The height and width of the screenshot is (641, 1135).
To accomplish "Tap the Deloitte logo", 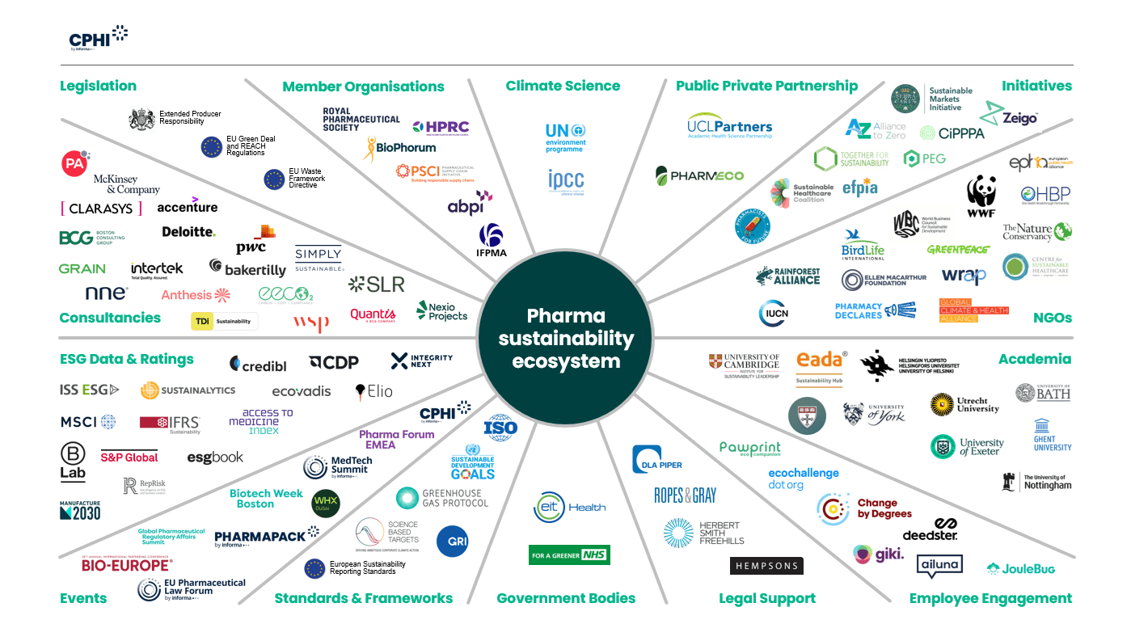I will [188, 232].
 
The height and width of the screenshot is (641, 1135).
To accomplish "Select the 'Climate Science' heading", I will [563, 86].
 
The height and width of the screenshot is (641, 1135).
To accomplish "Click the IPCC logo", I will [565, 181].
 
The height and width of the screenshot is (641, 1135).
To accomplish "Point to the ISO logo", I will [500, 427].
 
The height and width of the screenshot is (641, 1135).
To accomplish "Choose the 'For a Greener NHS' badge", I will [569, 555].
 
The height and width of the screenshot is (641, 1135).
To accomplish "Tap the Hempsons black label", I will [766, 566].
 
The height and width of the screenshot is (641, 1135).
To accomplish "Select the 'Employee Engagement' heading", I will [990, 598].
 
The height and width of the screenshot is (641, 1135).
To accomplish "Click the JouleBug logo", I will [1021, 569].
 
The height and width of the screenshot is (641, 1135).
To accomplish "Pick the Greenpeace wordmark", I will [958, 250].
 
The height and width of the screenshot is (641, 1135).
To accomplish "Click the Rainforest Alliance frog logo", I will [764, 276].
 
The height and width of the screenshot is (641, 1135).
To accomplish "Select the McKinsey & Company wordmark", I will [127, 184].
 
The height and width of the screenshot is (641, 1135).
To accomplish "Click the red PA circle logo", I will [75, 163].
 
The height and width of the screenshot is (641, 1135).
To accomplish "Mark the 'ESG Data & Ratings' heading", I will [127, 359].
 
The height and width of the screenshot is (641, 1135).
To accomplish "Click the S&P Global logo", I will [129, 457].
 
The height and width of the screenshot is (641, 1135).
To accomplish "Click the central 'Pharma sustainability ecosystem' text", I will [566, 338].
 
